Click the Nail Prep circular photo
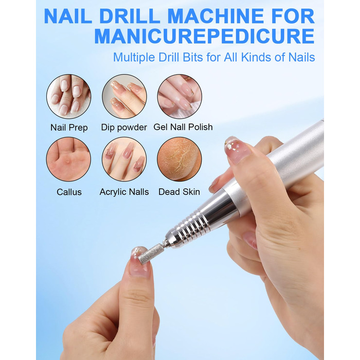[x=68, y=97]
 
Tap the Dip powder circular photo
[x=124, y=97]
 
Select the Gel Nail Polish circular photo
[x=179, y=97]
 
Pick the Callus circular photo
[x=68, y=159]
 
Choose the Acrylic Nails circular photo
[x=124, y=159]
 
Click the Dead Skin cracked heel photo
[x=179, y=159]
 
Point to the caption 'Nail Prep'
[x=69, y=128]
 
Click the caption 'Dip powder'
[x=124, y=128]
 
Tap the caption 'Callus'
[x=69, y=192]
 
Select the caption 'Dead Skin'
[x=179, y=192]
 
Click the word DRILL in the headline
[x=130, y=16]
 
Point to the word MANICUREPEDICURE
[x=204, y=36]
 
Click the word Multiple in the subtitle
[x=134, y=58]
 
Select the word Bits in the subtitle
[x=193, y=57]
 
